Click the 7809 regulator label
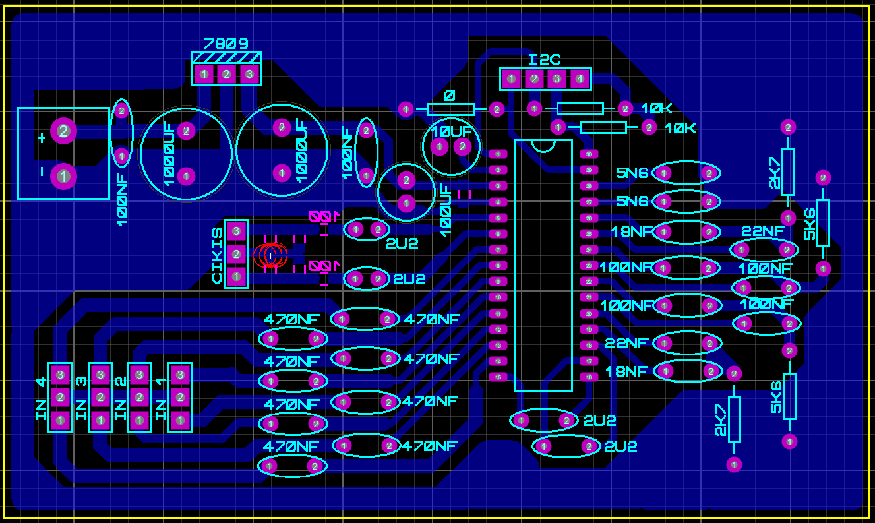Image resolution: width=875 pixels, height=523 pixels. pos(226,44)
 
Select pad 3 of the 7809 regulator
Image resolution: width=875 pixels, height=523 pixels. pos(249,75)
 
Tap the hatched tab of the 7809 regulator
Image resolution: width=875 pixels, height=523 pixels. pos(226,57)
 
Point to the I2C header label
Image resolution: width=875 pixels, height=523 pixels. pos(545,60)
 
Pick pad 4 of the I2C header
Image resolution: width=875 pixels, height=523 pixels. pos(580,79)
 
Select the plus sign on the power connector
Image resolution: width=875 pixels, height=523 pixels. pos(42,138)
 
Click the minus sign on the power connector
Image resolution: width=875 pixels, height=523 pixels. pos(42,172)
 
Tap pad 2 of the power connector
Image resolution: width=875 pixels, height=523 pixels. pos(63,131)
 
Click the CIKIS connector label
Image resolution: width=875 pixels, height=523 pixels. pos(217,255)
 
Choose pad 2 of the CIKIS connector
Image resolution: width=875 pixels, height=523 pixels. pos(236,254)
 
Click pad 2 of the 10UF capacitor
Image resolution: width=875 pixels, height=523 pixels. pos(462,146)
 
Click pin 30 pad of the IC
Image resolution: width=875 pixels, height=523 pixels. pos(588,154)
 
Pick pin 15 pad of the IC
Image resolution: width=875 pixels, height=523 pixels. pos(498,377)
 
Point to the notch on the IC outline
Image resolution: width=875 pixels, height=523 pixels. pos(543,145)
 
